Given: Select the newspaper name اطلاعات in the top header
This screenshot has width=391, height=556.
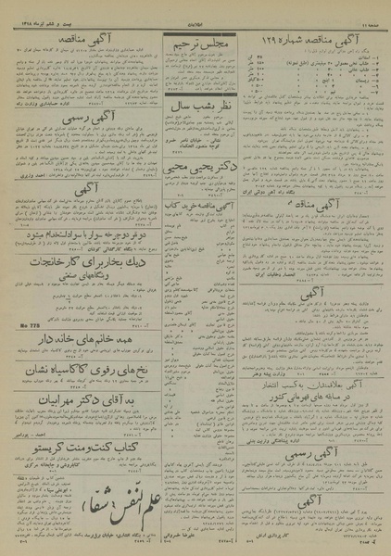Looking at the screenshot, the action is [195, 12].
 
